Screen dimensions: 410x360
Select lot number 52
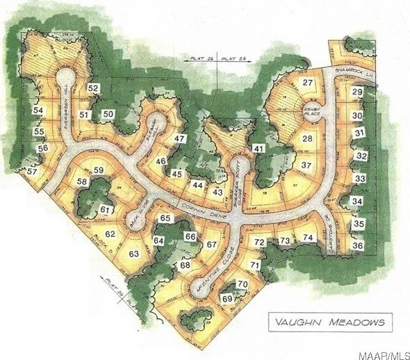click(94, 88)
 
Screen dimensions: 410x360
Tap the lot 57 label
click(32, 172)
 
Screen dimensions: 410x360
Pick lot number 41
click(259, 148)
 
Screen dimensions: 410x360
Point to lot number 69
click(227, 298)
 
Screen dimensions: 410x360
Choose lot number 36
click(358, 245)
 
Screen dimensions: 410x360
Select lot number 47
click(179, 139)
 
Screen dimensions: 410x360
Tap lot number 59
click(99, 170)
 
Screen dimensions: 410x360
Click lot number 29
click(357, 92)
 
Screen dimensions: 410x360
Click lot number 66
click(190, 237)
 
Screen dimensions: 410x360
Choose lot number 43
click(218, 192)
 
